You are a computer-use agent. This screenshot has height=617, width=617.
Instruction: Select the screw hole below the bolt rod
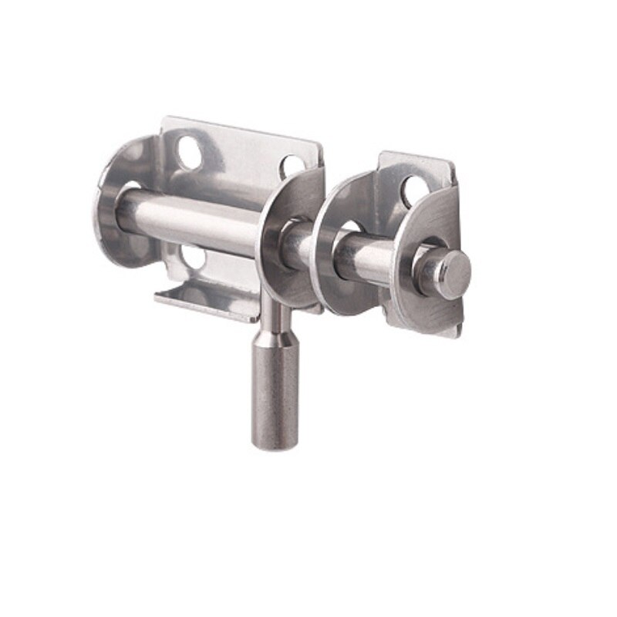192,257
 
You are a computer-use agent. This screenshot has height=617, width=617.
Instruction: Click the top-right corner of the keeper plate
451,163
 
